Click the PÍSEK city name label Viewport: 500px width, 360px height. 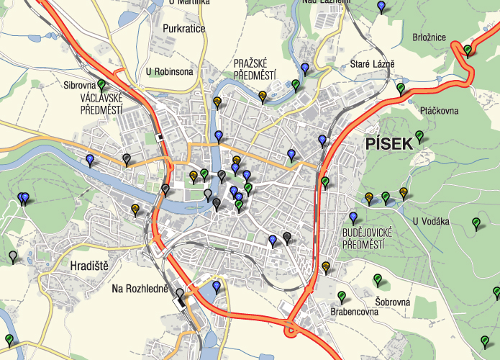tap(389, 143)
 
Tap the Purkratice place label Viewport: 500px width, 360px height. tap(184, 29)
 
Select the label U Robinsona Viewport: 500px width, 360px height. tap(169, 71)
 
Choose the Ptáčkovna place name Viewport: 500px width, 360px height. tap(439, 111)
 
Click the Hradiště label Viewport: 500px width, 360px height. tap(89, 266)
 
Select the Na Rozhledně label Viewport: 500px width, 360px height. tap(140, 289)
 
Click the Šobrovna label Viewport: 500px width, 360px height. tap(392, 302)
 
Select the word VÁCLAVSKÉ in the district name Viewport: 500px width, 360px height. tap(101, 99)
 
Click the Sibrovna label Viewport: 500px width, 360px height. tap(79, 85)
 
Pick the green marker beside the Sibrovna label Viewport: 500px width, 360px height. tap(101, 84)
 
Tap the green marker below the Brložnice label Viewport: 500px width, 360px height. tap(467, 50)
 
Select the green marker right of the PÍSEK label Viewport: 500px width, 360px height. tap(419, 135)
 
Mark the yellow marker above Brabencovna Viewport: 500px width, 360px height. tap(326, 267)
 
